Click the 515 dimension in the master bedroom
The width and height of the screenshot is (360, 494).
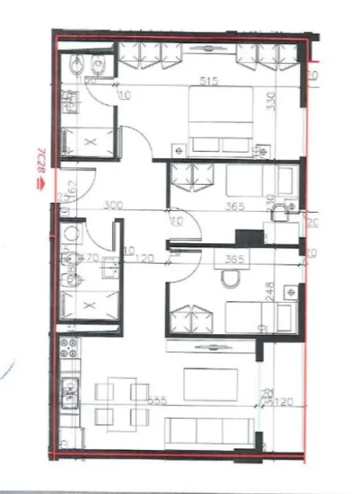210,80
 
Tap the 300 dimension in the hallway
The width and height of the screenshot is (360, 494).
112,205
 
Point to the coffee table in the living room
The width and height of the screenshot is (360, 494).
210,384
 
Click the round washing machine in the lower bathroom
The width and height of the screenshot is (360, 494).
71,233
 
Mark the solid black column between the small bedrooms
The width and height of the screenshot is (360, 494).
250,237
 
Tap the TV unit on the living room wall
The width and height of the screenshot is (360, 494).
210,345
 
